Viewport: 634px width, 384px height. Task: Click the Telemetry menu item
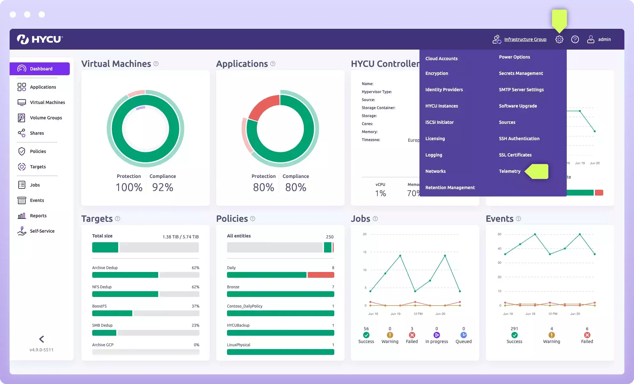coord(509,171)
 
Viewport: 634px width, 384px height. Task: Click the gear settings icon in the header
coord(559,39)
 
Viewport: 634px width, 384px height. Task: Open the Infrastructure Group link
coord(525,39)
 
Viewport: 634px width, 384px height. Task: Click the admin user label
coord(604,39)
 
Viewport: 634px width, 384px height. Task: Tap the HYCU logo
coord(40,39)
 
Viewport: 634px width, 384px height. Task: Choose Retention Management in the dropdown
coord(450,188)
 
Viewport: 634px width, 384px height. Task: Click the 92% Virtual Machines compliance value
coord(163,187)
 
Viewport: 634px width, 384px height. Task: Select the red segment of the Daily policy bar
coord(321,275)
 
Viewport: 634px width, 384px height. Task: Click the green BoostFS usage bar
coord(112,313)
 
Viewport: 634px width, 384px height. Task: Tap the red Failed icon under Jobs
coord(412,335)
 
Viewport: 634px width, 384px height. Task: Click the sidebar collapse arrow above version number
coord(42,339)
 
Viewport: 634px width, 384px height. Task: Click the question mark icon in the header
coord(575,39)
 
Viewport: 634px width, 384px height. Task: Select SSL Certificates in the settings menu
coord(515,155)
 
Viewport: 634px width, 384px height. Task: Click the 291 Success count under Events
coord(514,329)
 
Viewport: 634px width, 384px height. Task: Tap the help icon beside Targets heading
coord(118,219)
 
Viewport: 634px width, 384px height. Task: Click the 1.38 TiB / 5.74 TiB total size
coord(180,237)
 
